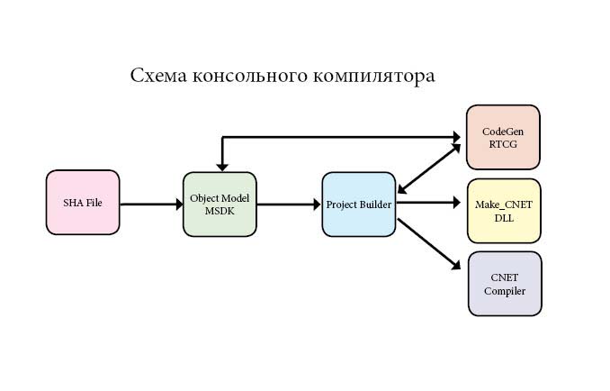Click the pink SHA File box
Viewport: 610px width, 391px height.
[x=83, y=203]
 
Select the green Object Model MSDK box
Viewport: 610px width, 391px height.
[x=220, y=205]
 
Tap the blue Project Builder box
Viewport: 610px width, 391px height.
[x=359, y=205]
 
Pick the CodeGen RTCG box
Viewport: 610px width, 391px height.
[x=503, y=137]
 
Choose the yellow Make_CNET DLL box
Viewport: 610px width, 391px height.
[x=504, y=211]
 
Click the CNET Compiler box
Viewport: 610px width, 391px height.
[x=505, y=284]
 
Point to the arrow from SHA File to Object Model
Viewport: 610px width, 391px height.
[x=151, y=205]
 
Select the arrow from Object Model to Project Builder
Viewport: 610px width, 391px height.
[x=289, y=205]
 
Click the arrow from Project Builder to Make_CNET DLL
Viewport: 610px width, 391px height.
[x=430, y=204]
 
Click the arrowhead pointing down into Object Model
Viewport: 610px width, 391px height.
[x=222, y=165]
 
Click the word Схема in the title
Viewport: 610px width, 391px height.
[x=158, y=76]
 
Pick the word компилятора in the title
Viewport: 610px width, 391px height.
[x=373, y=76]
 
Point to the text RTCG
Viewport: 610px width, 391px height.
[x=503, y=143]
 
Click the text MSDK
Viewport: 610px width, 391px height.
[x=220, y=211]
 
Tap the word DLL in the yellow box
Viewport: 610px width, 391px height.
[x=504, y=217]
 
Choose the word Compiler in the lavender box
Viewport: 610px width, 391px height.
[x=505, y=291]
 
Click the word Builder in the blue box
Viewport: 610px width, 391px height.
[x=375, y=205]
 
